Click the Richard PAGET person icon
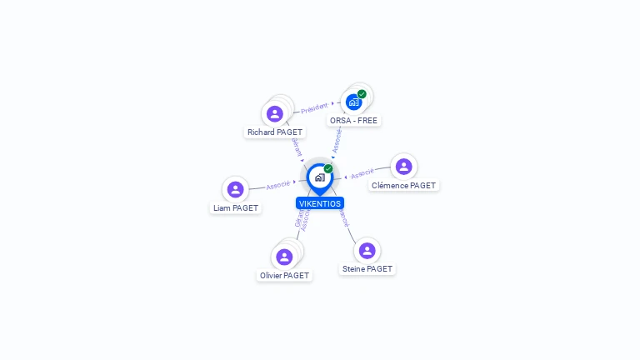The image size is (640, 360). (275, 113)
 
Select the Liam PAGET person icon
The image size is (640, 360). (236, 189)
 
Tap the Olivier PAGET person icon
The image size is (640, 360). (284, 257)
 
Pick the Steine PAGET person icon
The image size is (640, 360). (367, 250)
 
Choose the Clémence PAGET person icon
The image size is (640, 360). (403, 167)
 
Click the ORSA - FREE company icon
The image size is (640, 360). (353, 102)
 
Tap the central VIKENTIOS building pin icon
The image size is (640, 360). (319, 177)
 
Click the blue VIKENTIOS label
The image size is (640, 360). (320, 203)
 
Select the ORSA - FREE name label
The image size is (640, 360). (353, 121)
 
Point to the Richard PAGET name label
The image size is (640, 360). (275, 132)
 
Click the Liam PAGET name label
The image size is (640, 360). (236, 208)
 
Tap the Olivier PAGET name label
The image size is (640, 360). (284, 276)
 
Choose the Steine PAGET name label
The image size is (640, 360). (367, 269)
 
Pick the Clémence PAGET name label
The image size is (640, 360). (403, 186)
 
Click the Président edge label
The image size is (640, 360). (314, 107)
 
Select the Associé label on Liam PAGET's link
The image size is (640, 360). (277, 185)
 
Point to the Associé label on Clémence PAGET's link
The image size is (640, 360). (362, 174)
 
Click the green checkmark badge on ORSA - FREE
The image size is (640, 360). (362, 94)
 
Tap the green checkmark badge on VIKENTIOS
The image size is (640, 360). (328, 169)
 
